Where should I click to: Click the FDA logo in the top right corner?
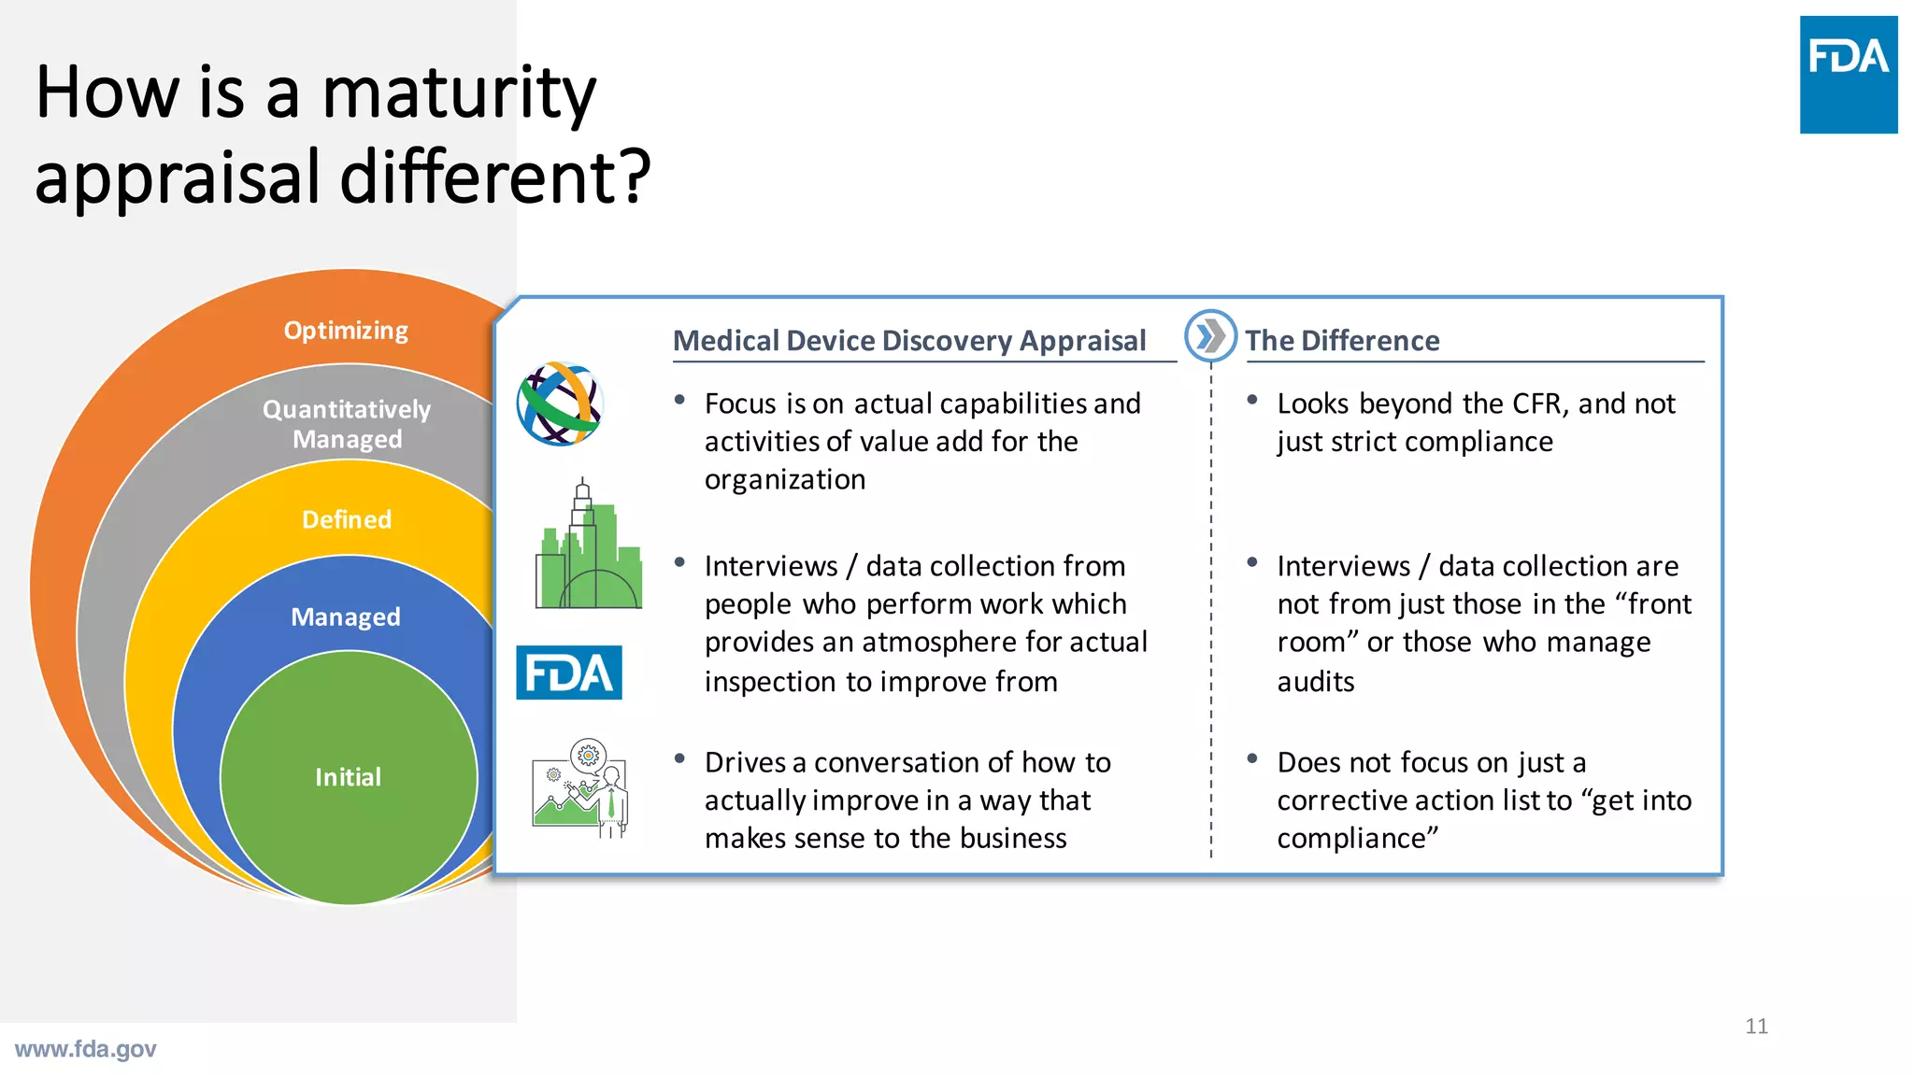click(x=1848, y=74)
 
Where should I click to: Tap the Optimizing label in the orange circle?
click(x=346, y=331)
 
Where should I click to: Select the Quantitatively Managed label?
click(x=347, y=424)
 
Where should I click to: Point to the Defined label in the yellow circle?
click(x=347, y=519)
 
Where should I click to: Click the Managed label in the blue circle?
click(x=346, y=616)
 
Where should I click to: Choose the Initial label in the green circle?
click(x=348, y=777)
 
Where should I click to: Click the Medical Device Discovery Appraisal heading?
click(x=908, y=341)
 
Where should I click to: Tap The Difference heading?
click(x=1341, y=341)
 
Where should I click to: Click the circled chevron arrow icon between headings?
click(x=1210, y=335)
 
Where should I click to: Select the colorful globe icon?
click(x=560, y=403)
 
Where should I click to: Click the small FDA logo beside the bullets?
click(x=568, y=672)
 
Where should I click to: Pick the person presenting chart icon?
click(x=580, y=788)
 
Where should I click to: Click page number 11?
click(x=1756, y=1026)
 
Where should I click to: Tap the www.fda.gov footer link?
click(x=86, y=1049)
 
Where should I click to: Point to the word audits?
click(x=1315, y=682)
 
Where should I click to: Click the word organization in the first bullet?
click(x=785, y=480)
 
